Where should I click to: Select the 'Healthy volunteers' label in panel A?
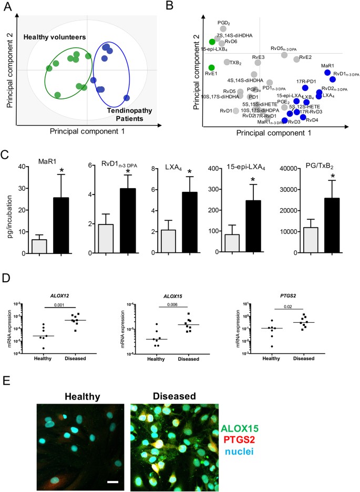[58, 38]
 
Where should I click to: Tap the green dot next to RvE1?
[212, 68]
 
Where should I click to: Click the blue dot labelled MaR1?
[327, 73]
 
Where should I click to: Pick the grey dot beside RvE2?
[296, 59]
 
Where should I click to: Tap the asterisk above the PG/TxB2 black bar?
[333, 175]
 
